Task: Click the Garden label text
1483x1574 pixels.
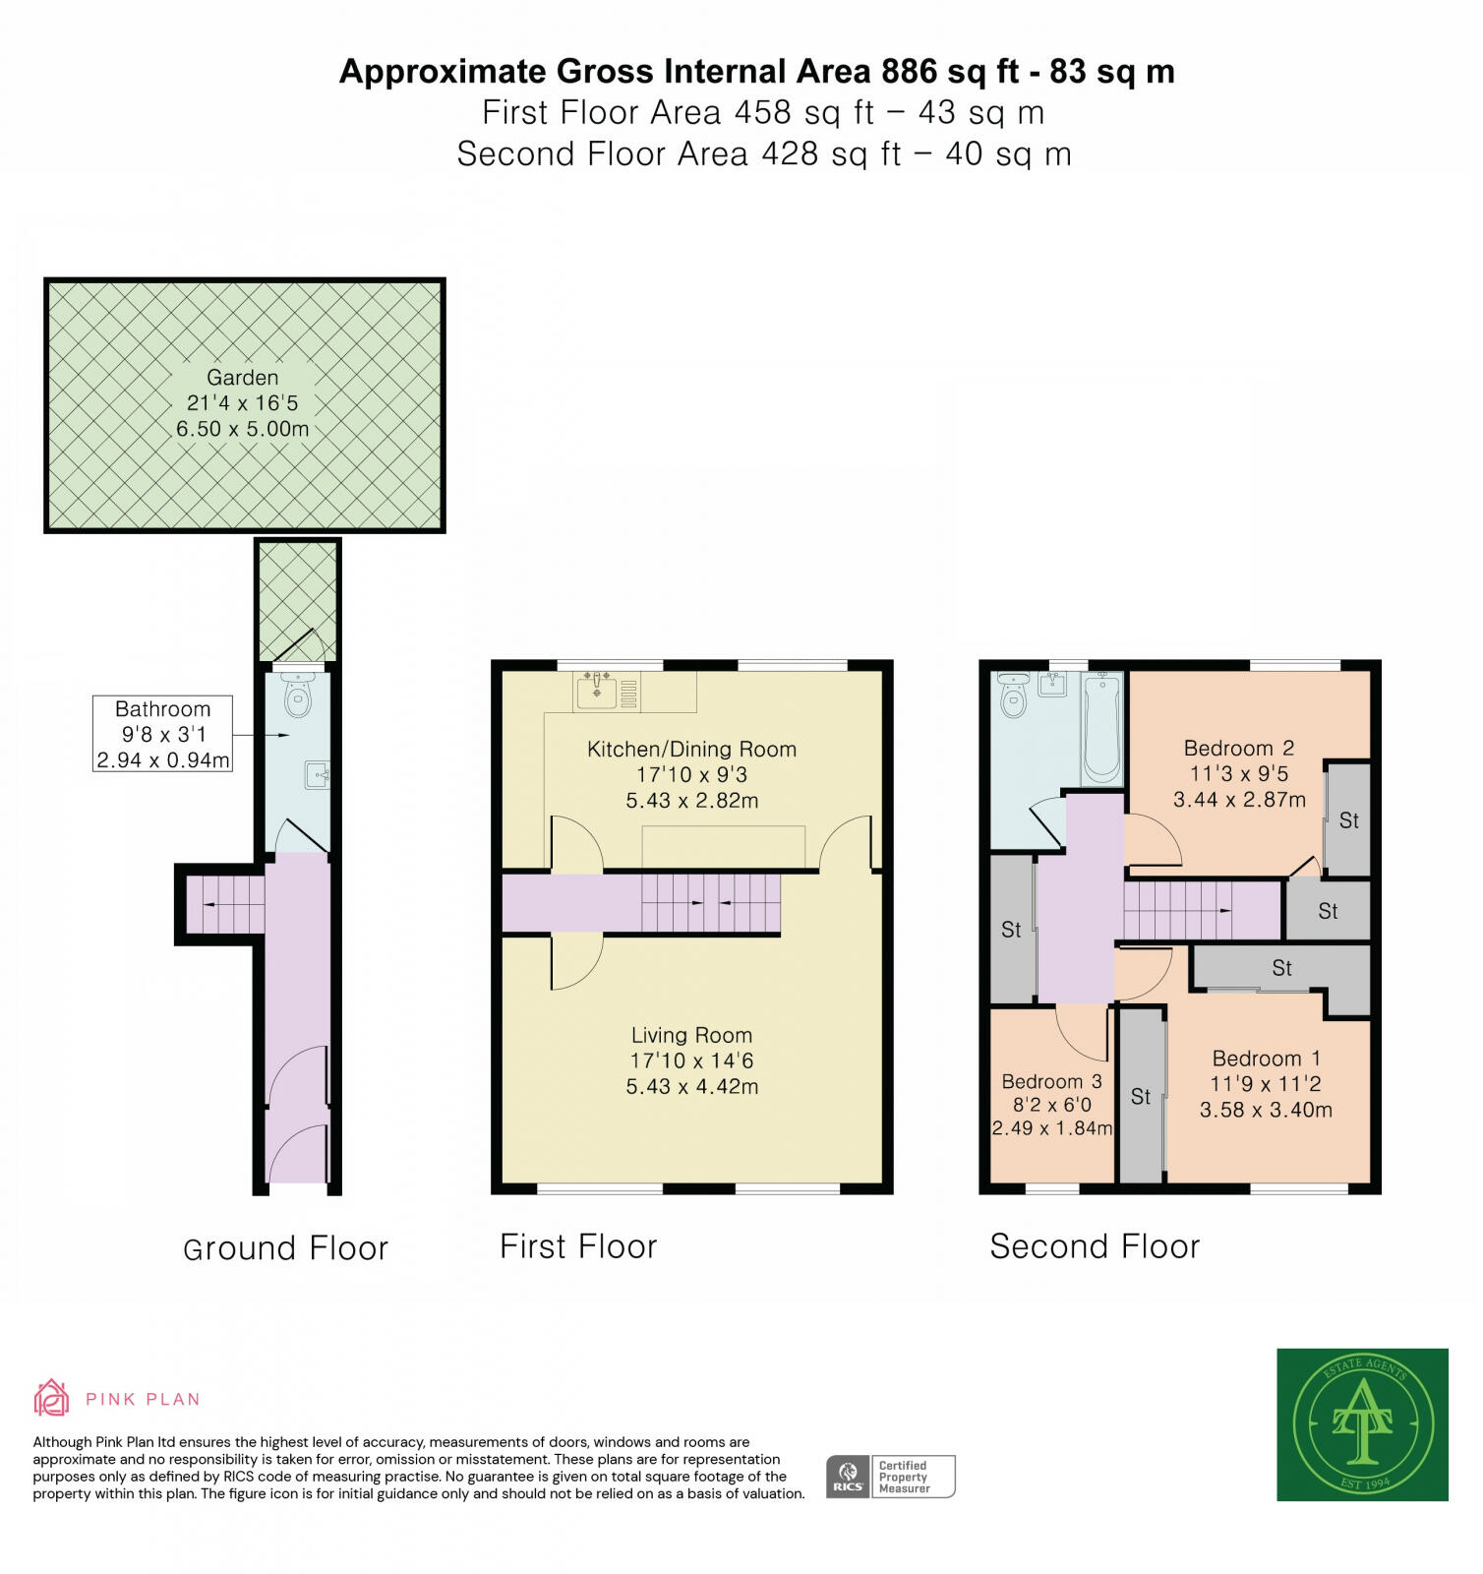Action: (242, 378)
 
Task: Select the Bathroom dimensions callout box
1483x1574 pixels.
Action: (162, 734)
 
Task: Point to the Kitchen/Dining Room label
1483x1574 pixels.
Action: (691, 749)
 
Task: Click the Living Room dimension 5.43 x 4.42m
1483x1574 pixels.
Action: (691, 1087)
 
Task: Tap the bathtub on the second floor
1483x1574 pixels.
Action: (1102, 728)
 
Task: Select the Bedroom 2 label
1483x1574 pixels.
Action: (1238, 749)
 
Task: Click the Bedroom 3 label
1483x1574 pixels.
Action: (1051, 1082)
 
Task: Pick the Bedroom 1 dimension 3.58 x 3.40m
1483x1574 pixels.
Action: (1266, 1111)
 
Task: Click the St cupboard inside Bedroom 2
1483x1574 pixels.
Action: (1348, 820)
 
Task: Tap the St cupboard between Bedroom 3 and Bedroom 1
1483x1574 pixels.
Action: (1141, 1096)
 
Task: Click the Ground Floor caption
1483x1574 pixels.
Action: (285, 1249)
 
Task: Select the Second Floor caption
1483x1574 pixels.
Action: (1095, 1247)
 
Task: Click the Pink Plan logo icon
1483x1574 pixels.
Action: (51, 1398)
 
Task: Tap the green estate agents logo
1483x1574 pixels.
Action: (1362, 1423)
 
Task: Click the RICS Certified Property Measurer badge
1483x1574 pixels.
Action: (890, 1476)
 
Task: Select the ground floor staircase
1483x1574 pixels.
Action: (225, 904)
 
